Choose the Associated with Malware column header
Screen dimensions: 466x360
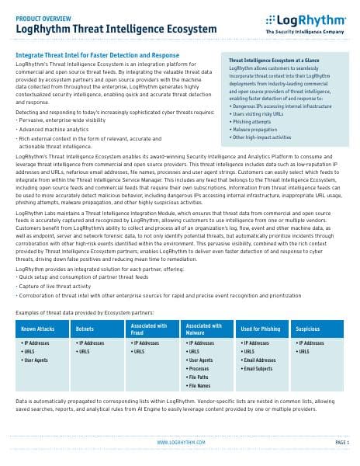(x=204, y=329)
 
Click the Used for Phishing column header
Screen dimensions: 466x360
(x=261, y=329)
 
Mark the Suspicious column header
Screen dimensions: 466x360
(x=308, y=329)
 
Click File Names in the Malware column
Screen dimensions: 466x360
(x=200, y=385)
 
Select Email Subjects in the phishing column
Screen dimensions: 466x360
(x=262, y=367)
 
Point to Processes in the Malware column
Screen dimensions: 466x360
(x=199, y=368)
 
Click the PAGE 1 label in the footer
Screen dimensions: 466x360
(x=342, y=442)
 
